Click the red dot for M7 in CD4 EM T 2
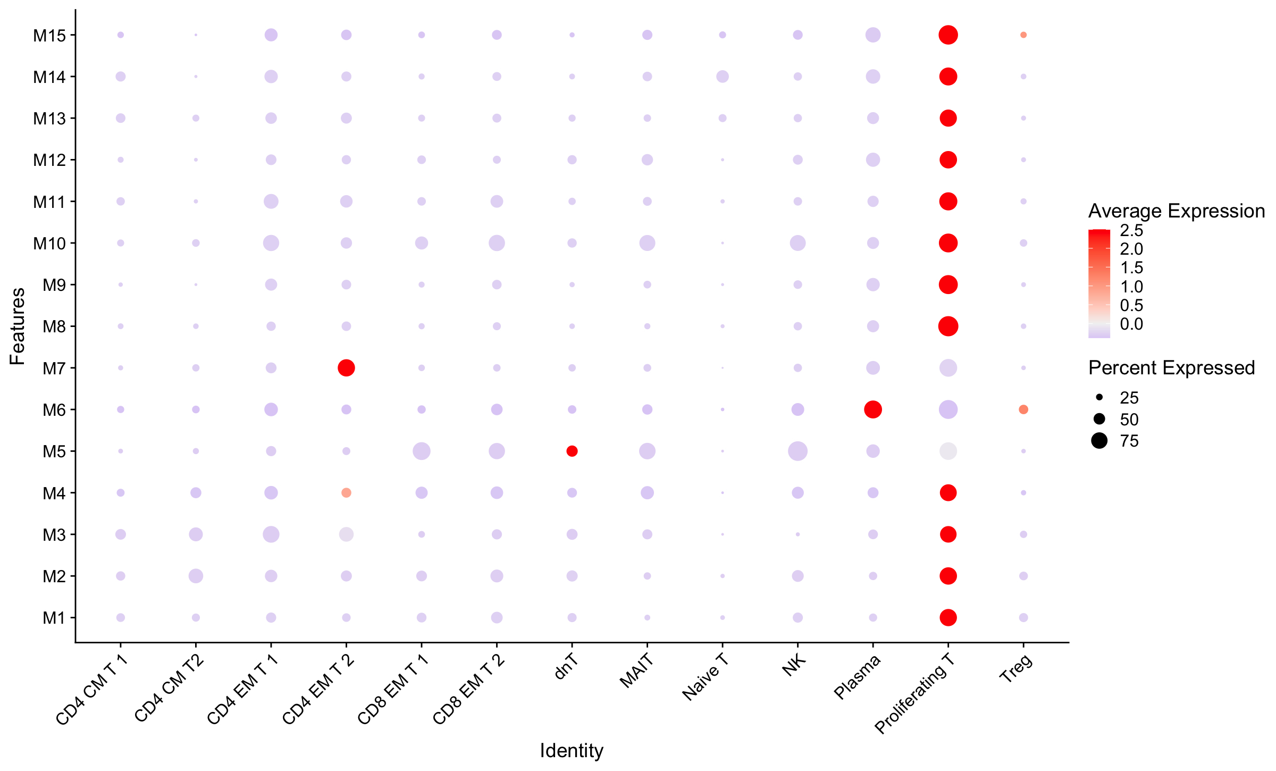click(x=346, y=368)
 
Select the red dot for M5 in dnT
click(x=572, y=451)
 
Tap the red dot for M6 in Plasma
click(x=873, y=409)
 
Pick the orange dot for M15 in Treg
click(x=1023, y=35)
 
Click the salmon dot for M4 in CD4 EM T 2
click(x=346, y=493)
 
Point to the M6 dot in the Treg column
click(x=1023, y=409)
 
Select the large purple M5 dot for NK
click(x=797, y=451)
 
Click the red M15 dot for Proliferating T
click(x=948, y=35)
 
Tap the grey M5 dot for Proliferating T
click(x=948, y=451)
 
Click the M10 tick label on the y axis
click(x=49, y=244)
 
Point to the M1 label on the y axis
click(x=54, y=618)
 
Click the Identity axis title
click(x=572, y=751)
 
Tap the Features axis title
click(x=18, y=326)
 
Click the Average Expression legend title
click(x=1176, y=211)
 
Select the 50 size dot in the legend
click(x=1099, y=419)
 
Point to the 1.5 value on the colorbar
click(x=1131, y=267)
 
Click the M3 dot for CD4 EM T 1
click(x=271, y=534)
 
